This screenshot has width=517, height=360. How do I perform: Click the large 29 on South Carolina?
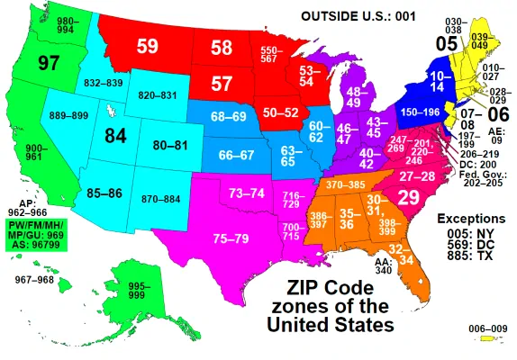coord(407,197)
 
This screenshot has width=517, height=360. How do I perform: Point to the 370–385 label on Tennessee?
coord(345,184)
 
